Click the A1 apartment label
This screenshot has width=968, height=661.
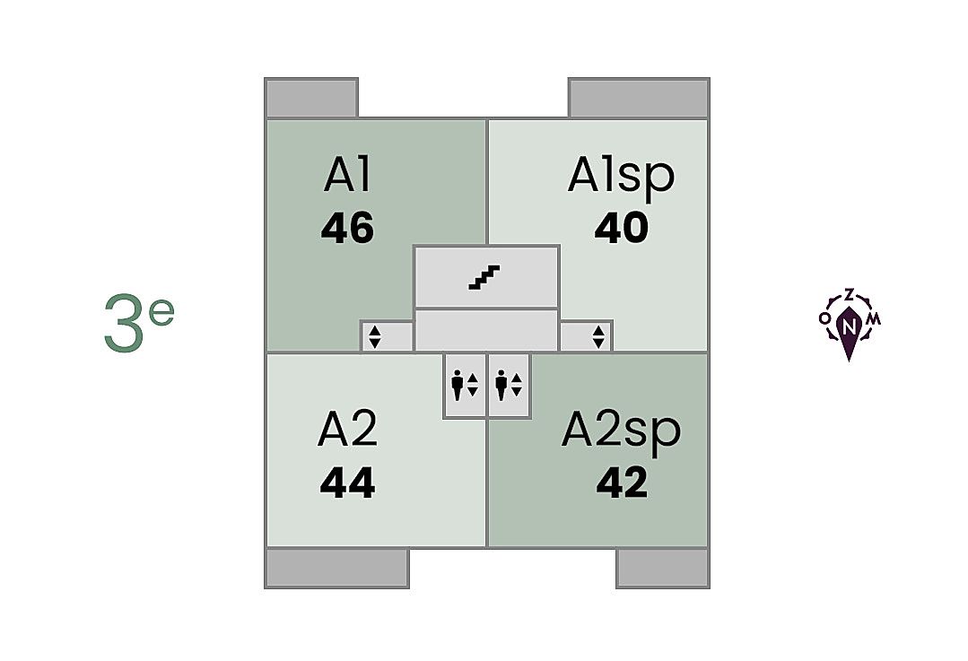pyautogui.click(x=347, y=175)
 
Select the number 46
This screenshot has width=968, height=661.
pyautogui.click(x=347, y=229)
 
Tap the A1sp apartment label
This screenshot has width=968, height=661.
pyautogui.click(x=621, y=176)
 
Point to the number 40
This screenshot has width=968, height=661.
pyautogui.click(x=621, y=229)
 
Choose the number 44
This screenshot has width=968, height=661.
pyautogui.click(x=347, y=484)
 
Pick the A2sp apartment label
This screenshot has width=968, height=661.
pyautogui.click(x=621, y=431)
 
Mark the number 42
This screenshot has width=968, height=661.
pyautogui.click(x=621, y=484)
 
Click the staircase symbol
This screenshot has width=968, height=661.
pyautogui.click(x=485, y=277)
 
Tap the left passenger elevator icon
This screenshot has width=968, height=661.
pyautogui.click(x=465, y=385)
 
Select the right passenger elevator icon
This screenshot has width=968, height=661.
pyautogui.click(x=509, y=385)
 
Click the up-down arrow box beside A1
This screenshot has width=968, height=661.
pyautogui.click(x=376, y=336)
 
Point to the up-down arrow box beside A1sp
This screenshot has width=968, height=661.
pyautogui.click(x=598, y=336)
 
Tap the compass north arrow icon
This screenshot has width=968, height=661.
pyautogui.click(x=849, y=325)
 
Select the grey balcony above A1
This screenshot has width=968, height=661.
pyautogui.click(x=311, y=98)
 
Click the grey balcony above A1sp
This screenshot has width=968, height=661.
pyautogui.click(x=639, y=98)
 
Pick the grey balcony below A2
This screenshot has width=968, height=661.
pyautogui.click(x=337, y=568)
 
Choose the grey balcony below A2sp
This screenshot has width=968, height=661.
pyautogui.click(x=662, y=568)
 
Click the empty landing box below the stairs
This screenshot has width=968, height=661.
pyautogui.click(x=485, y=329)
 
